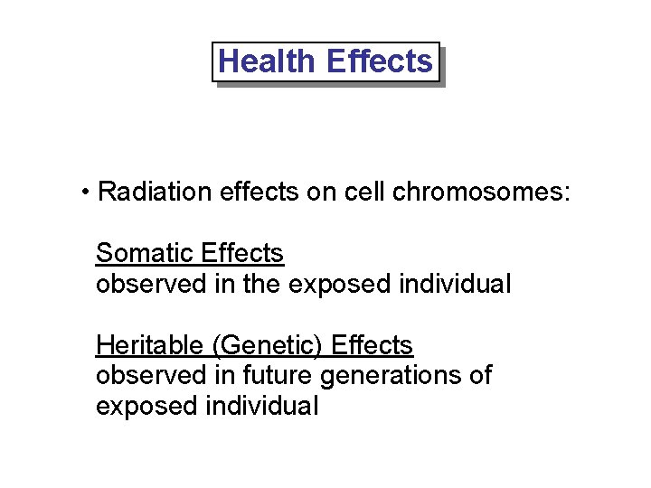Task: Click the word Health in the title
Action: coord(267,61)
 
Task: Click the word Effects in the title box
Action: coord(379,61)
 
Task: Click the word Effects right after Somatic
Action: coord(243,254)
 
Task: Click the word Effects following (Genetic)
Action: coord(372,345)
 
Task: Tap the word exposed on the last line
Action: coord(146,407)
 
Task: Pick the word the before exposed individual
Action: coord(262,285)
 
